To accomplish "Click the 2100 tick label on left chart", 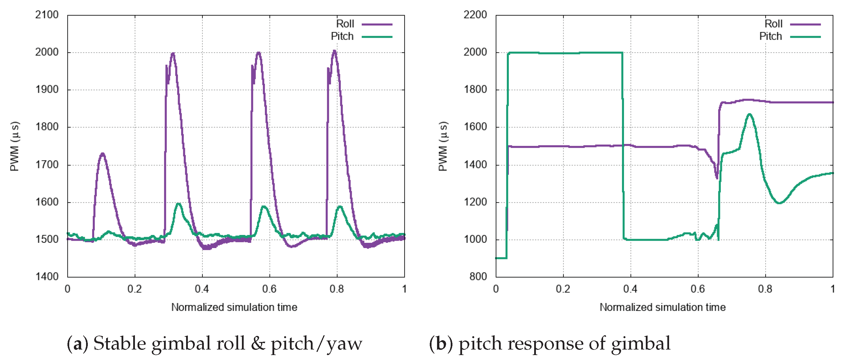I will coord(47,15).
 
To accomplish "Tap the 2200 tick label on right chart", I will coord(475,15).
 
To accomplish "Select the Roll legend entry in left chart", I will coord(345,24).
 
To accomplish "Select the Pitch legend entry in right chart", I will coord(771,36).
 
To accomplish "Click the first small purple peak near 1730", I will coord(103,153).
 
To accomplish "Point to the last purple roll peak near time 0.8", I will coord(334,51).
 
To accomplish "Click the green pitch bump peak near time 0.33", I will coord(179,204).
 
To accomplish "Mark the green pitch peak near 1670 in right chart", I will coord(750,114).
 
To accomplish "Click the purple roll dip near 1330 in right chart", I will coord(717,178).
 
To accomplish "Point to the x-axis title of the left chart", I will coord(234,307).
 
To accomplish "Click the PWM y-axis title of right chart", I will coord(443,146).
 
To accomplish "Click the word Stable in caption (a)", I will coord(120,344).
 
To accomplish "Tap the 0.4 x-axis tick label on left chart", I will coord(202,289).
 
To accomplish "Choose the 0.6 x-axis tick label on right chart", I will coord(697,289).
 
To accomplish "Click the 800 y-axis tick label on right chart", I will coord(478,277).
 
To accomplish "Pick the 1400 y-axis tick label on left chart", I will coord(47,277).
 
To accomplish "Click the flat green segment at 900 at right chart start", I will coord(501,258).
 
